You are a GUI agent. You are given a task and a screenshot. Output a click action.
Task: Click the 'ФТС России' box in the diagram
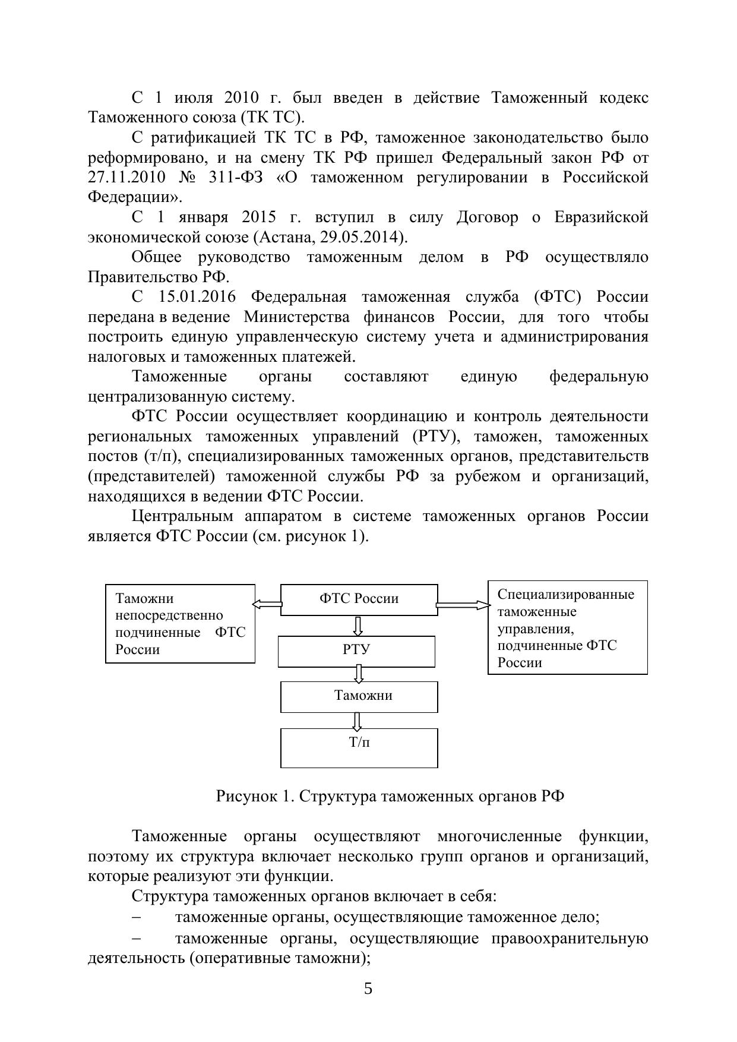pos(359,599)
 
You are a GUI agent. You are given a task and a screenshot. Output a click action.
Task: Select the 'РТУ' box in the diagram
pos(356,650)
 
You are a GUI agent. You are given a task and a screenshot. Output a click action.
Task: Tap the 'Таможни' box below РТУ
pos(359,696)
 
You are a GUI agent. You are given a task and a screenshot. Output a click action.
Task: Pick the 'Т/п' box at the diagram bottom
pos(359,747)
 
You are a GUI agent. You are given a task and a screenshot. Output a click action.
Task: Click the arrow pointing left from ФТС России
pos(267,604)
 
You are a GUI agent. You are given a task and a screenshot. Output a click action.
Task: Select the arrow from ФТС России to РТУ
pos(358,626)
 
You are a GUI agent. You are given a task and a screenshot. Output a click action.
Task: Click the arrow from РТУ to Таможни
pos(358,674)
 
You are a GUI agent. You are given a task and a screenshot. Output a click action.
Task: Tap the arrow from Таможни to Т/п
pos(357,721)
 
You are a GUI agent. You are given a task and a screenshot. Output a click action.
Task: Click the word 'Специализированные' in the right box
pos(565,595)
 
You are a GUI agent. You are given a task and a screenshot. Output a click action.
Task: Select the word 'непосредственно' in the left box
pos(169,615)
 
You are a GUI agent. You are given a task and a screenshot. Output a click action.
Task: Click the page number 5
pos(368,989)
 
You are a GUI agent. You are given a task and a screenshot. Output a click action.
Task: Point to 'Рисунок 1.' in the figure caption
pos(255,796)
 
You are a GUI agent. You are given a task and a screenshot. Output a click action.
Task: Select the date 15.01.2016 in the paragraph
pos(197,297)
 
